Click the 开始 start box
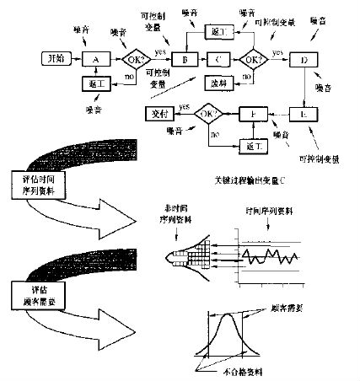(56, 60)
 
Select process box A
(95, 60)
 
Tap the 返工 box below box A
(95, 86)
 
